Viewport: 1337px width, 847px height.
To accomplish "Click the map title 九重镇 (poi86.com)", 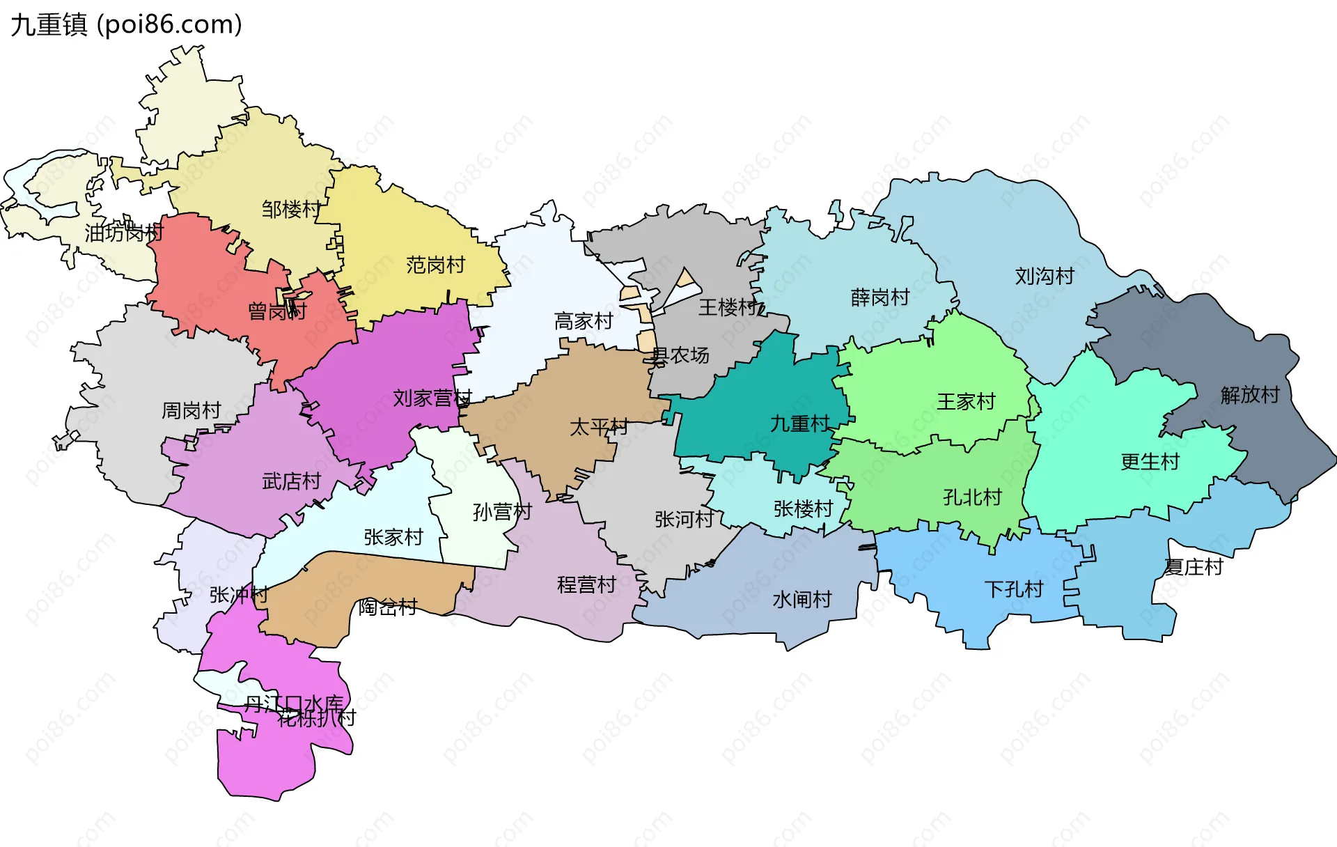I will point(126,24).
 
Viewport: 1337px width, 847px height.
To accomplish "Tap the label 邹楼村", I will point(291,209).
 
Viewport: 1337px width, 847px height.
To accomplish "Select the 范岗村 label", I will point(435,265).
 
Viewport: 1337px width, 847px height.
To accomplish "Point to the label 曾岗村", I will point(277,311).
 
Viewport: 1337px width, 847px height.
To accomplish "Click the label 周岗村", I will point(191,410).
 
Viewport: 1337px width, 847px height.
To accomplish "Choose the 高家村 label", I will point(584,321).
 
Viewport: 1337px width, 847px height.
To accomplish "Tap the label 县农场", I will point(680,356).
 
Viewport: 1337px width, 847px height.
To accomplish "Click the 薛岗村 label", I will point(880,297).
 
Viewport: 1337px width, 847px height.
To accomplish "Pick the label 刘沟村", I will point(1045,277).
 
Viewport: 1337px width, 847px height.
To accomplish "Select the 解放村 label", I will point(1250,395).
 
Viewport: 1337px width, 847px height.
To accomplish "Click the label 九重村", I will point(799,423).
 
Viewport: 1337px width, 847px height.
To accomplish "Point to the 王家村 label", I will point(966,401).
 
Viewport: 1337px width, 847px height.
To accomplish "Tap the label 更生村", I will point(1150,462).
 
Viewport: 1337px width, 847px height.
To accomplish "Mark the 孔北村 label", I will point(972,497).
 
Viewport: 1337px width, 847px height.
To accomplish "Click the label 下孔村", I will point(1014,589).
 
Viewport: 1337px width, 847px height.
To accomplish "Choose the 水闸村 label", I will point(802,599).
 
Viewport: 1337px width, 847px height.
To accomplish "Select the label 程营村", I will point(586,584).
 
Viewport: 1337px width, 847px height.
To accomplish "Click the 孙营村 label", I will point(502,512).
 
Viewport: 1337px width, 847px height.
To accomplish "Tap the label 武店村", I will point(291,481).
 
